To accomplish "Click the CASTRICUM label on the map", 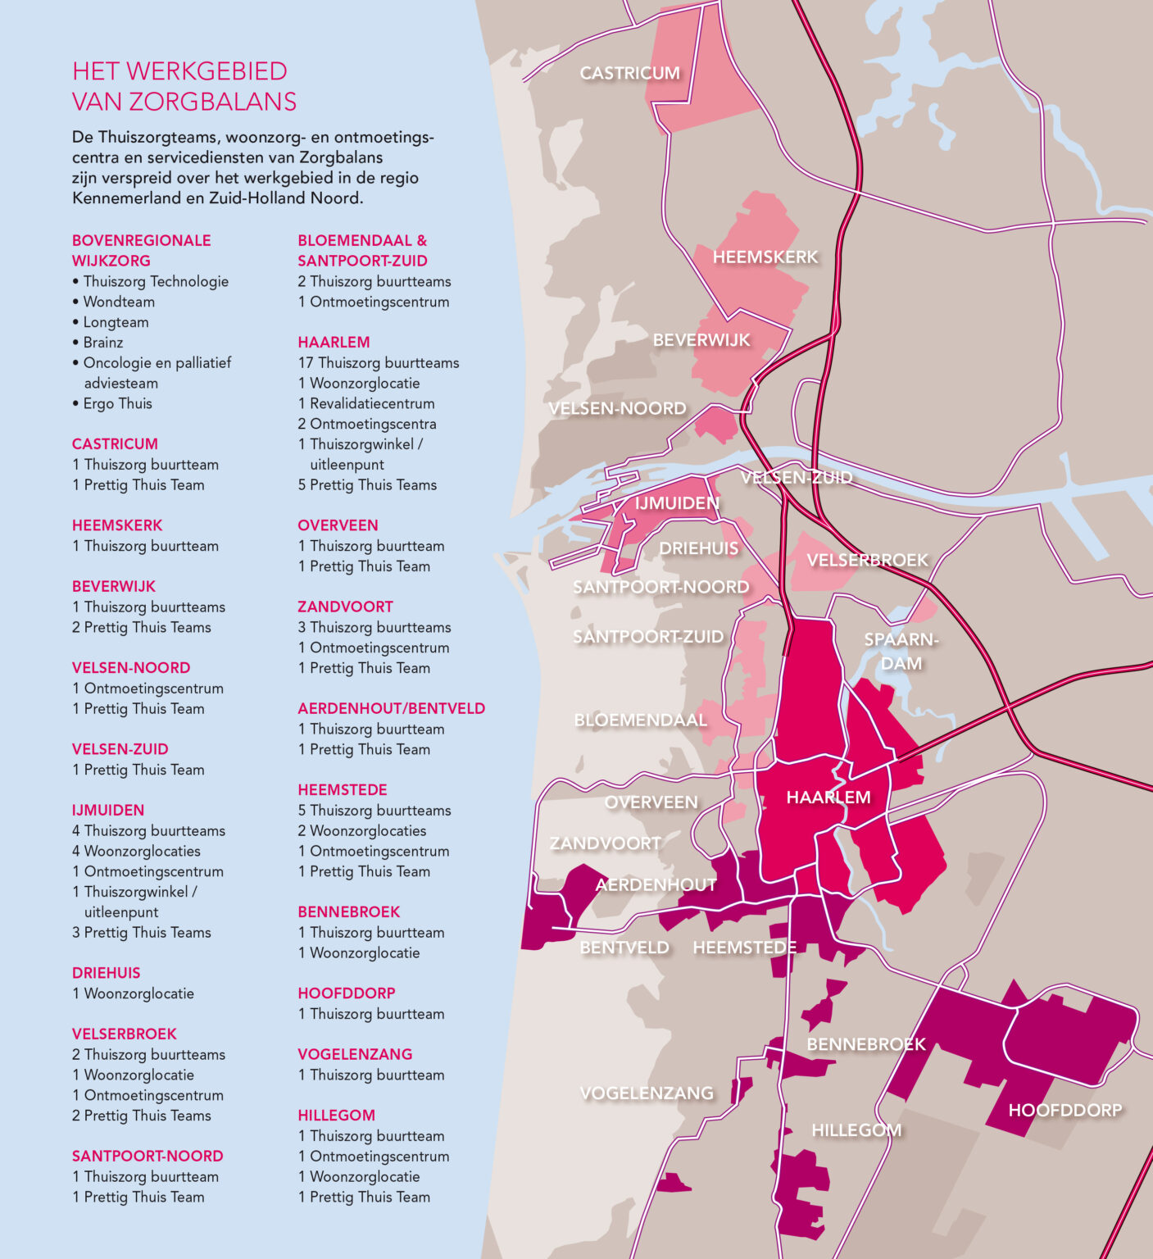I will pos(629,73).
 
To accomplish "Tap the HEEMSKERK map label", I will pos(765,257).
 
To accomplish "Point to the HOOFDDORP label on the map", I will pos(1064,1110).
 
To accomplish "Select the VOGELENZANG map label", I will pos(647,1093).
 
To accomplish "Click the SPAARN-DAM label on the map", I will pos(901,651).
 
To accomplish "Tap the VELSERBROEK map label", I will pos(867,560).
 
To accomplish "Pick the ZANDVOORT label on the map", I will pos(605,843).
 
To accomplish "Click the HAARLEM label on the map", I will pos(828,797).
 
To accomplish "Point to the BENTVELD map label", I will pos(624,948).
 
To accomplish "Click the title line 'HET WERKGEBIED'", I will pos(179,71).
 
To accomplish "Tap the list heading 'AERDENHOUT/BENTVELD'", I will pos(391,708).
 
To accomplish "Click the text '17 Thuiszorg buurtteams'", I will pos(379,362).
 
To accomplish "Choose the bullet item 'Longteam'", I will pos(116,322).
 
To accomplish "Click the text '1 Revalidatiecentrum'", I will pos(366,403).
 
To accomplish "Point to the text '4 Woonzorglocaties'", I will pos(136,851).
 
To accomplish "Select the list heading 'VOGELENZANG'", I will pos(355,1054).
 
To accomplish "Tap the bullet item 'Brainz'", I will pos(103,343).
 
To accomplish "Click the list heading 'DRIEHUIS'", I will pos(106,973).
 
